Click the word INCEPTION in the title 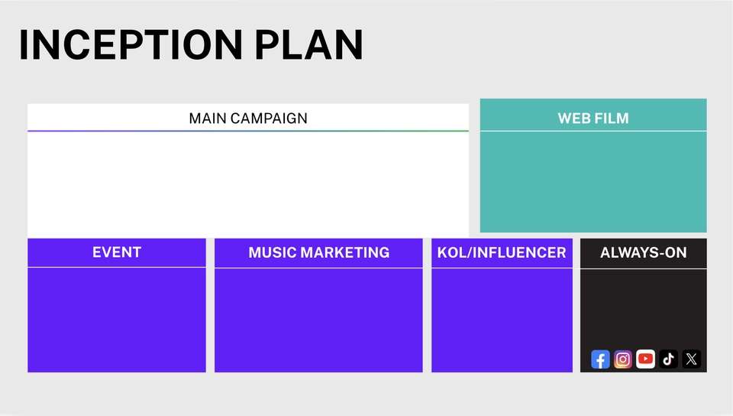coord(131,45)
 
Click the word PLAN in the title coord(309,45)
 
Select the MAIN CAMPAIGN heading coord(248,119)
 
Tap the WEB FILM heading coord(593,119)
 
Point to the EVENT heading coord(117,252)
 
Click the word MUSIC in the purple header coord(273,252)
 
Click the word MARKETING coord(345,252)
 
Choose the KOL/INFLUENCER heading coord(502,252)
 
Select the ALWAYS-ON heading coord(644,252)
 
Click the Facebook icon coord(600,359)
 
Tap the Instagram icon coord(623,359)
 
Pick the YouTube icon coord(646,359)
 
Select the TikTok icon coord(669,359)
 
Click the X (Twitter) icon coord(692,359)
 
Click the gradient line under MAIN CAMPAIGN coord(248,131)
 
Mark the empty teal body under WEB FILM coord(593,182)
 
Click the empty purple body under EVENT coord(117,320)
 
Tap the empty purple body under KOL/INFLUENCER coord(502,320)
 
